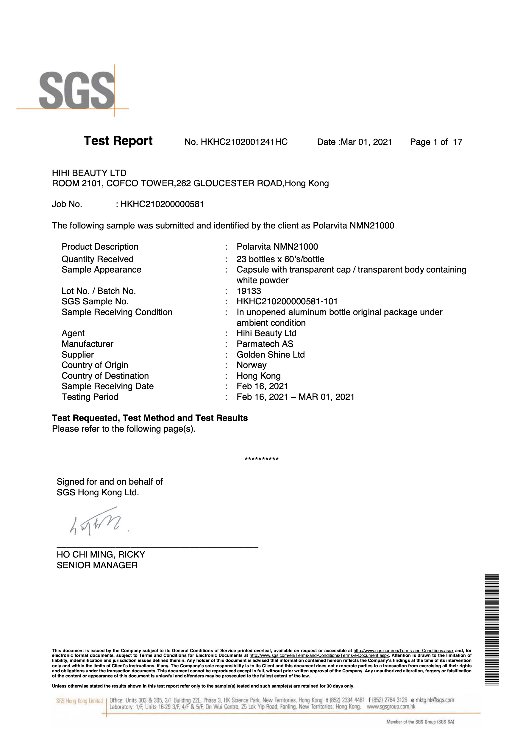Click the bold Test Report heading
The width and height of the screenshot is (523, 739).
(118, 141)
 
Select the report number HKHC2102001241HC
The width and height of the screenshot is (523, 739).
(244, 142)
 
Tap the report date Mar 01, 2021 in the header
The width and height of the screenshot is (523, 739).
(366, 142)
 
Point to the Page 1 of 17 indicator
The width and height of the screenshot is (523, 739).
(436, 142)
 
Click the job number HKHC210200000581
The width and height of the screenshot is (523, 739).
(162, 204)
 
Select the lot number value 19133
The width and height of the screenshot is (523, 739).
(249, 291)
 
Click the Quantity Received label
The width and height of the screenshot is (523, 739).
(97, 259)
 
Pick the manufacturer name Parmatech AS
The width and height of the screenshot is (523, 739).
(265, 344)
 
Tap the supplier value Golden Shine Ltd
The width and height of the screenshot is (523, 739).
(271, 355)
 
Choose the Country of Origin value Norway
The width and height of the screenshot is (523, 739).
(252, 365)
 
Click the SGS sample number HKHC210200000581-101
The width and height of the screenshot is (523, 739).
(287, 302)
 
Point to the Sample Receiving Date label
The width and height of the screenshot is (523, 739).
(107, 386)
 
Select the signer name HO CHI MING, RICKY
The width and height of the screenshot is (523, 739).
(101, 555)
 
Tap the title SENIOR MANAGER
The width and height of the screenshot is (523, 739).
(97, 565)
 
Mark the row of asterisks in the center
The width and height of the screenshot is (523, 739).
(261, 459)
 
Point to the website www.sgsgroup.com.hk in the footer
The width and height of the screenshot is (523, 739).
(391, 707)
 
